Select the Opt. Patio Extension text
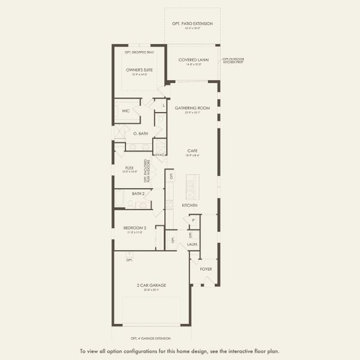192,24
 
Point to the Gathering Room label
192,108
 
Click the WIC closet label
126,111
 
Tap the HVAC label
160,155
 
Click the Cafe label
192,151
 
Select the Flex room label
129,168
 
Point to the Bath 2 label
138,194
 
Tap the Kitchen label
190,205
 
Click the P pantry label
193,221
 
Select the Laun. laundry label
193,244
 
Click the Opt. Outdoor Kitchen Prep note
233,61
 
